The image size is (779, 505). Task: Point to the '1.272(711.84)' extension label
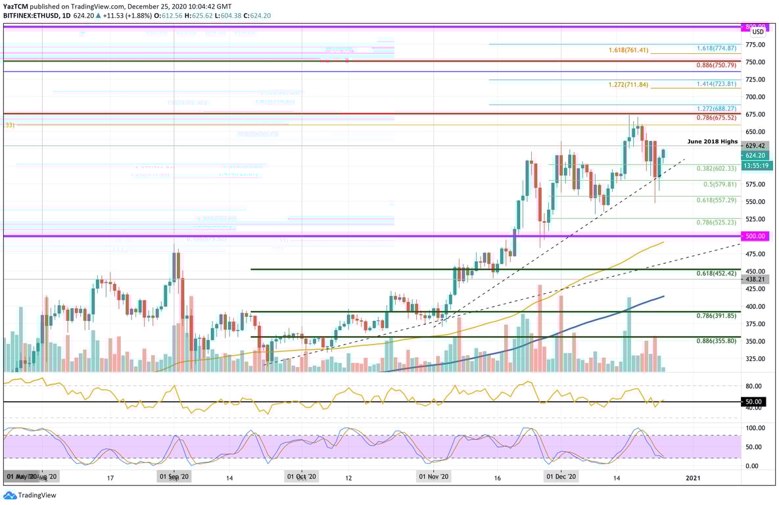coord(628,85)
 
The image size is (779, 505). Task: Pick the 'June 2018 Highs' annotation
coord(712,141)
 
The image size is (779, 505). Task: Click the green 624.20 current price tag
coord(753,155)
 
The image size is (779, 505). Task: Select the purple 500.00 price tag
coord(753,235)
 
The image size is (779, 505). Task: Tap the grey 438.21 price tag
coord(753,279)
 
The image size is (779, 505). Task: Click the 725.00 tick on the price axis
coord(755,80)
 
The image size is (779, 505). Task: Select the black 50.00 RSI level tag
coord(753,401)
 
